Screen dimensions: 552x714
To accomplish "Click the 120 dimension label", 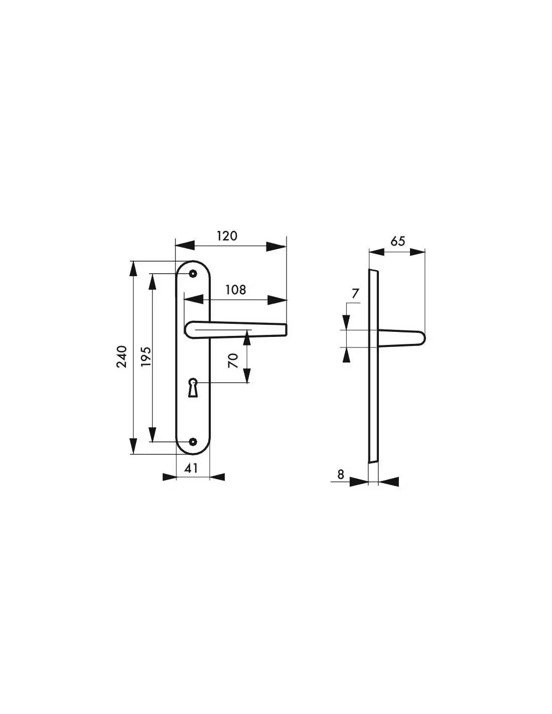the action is pyautogui.click(x=227, y=236).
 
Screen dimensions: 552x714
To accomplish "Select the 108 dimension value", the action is pyautogui.click(x=236, y=290).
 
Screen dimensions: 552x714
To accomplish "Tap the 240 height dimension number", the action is pyautogui.click(x=121, y=356).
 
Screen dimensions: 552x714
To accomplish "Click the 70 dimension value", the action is pyautogui.click(x=232, y=361).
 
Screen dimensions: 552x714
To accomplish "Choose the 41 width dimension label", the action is pyautogui.click(x=191, y=468).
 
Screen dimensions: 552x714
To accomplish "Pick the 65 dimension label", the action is pyautogui.click(x=397, y=241).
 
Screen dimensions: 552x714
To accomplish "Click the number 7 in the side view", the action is pyautogui.click(x=355, y=293).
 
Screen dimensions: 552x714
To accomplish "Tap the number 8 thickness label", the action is pyautogui.click(x=341, y=474).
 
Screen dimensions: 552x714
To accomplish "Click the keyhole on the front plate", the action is pyautogui.click(x=193, y=388).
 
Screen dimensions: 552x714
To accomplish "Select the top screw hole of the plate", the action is pyautogui.click(x=193, y=273).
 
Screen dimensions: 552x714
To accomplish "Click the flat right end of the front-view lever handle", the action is pyautogui.click(x=287, y=329).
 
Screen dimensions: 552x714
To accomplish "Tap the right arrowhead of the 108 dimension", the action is pyautogui.click(x=278, y=300).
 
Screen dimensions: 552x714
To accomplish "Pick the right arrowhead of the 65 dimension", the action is pyautogui.click(x=418, y=252).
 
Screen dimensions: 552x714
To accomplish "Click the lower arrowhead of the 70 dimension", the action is pyautogui.click(x=247, y=375).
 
